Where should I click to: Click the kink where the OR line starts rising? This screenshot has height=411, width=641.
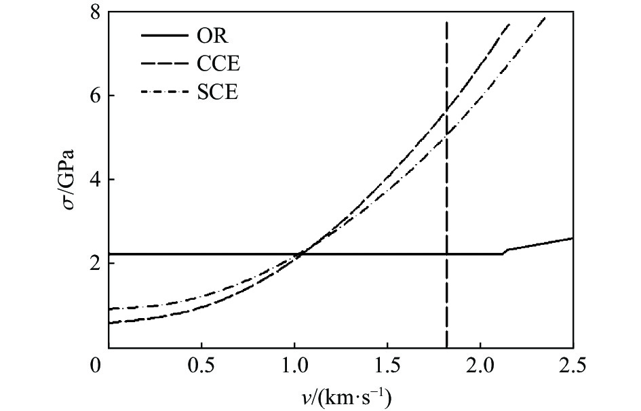coord(504,252)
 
